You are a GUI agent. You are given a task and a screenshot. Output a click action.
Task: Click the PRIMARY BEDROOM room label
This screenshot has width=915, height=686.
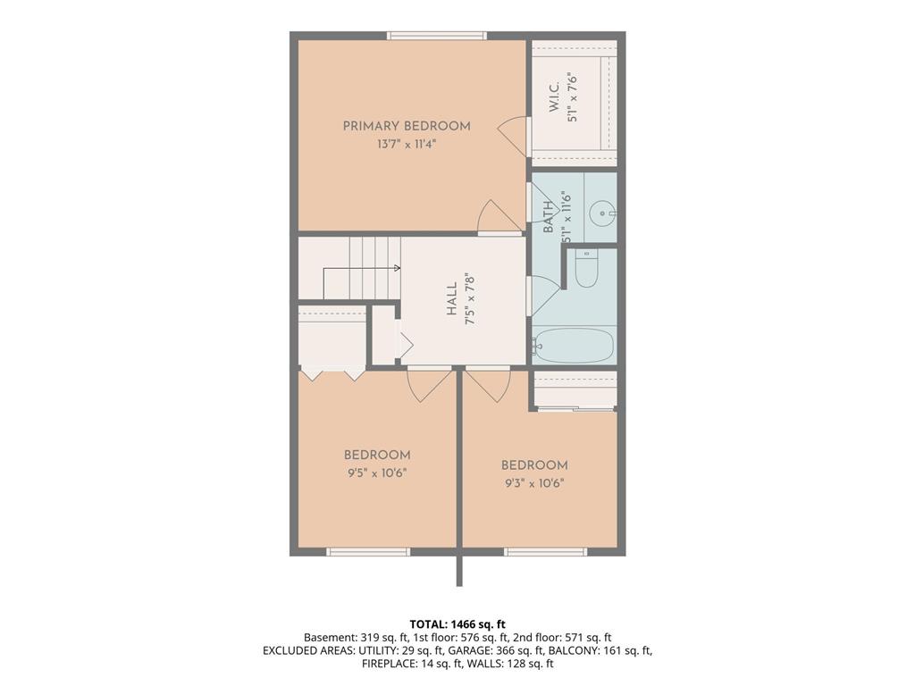(407, 126)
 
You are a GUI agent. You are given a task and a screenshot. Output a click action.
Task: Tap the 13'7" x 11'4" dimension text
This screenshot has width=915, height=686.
(407, 144)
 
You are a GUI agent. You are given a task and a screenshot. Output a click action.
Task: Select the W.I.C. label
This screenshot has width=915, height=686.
(554, 97)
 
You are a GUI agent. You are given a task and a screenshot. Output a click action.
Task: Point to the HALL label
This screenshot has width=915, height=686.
(452, 299)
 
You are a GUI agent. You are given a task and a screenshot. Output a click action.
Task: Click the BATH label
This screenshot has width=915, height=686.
(548, 217)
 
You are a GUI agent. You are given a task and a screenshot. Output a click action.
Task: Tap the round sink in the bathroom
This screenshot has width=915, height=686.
(601, 213)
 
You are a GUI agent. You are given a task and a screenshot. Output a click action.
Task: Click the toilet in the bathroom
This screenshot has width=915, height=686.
(586, 269)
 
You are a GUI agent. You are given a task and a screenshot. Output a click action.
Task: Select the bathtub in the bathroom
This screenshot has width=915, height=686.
(575, 346)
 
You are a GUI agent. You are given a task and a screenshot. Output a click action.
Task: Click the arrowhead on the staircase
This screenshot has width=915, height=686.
(398, 268)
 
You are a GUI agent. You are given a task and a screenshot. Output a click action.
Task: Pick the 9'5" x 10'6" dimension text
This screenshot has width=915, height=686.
(377, 473)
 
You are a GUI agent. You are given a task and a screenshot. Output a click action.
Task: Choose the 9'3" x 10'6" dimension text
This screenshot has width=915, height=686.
(534, 483)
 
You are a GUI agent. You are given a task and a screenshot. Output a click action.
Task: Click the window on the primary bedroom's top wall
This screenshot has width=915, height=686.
(437, 36)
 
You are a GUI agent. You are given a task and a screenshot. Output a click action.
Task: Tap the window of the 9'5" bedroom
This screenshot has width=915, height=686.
(368, 552)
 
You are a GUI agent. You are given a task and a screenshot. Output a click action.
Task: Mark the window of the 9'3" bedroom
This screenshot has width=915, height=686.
(546, 552)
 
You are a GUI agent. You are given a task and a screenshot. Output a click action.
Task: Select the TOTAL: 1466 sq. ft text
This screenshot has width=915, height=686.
(457, 624)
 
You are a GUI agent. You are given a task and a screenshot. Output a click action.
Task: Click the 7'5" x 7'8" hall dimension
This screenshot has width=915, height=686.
(470, 299)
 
